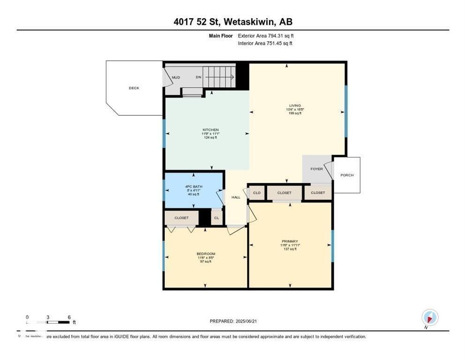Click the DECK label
[x=134, y=88]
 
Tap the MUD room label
[x=176, y=77]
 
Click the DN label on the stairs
[x=198, y=77]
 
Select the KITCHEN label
[x=210, y=130]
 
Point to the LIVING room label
[x=295, y=105]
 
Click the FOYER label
[x=316, y=169]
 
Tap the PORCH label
[x=347, y=175]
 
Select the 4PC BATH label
[x=194, y=187]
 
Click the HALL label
[x=236, y=197]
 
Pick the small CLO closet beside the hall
[x=257, y=193]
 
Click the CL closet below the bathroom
[x=216, y=218]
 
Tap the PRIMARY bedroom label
[x=290, y=241]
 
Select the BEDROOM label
[x=205, y=254]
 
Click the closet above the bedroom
[x=181, y=218]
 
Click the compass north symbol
[x=429, y=317]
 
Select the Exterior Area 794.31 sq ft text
[x=266, y=36]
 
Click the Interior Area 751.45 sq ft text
[x=266, y=44]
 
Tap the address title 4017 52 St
[x=233, y=22]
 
